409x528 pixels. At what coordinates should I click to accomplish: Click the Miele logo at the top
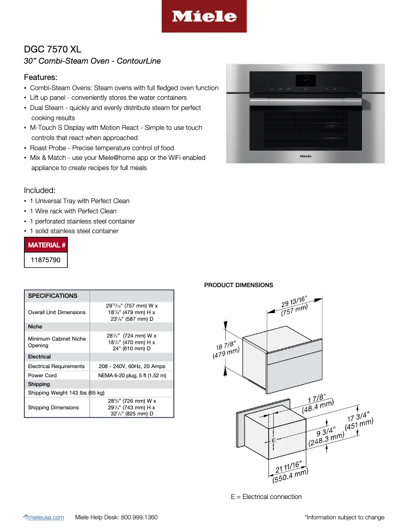click(x=204, y=16)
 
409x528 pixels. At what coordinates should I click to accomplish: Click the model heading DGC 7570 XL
click(x=53, y=49)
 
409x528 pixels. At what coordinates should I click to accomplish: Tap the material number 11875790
click(x=46, y=260)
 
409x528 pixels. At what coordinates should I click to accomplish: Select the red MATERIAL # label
click(x=46, y=245)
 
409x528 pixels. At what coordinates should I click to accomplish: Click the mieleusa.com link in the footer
click(x=47, y=517)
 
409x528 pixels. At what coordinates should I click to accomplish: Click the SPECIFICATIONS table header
click(x=53, y=296)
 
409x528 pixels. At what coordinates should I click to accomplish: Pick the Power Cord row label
click(x=42, y=375)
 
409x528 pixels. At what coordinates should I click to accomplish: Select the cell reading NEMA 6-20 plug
click(x=132, y=375)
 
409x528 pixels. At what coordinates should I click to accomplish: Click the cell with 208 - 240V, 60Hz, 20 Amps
click(x=132, y=366)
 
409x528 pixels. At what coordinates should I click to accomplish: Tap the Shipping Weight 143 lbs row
click(x=66, y=393)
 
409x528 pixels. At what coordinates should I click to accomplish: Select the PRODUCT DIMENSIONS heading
click(x=239, y=285)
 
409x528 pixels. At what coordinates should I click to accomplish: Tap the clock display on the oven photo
click(x=305, y=79)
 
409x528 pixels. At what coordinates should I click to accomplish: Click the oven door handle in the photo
click(x=305, y=101)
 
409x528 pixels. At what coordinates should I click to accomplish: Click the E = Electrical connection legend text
click(x=266, y=496)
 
